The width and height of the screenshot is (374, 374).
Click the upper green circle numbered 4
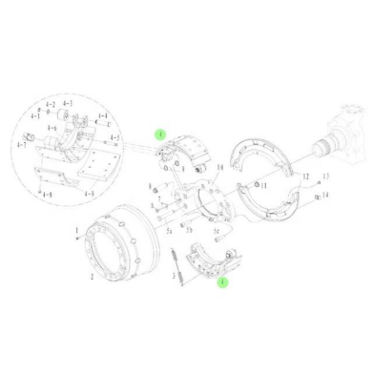coord(162,135)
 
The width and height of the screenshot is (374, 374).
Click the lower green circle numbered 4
coord(222,282)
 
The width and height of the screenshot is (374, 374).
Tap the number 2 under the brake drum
coord(93,276)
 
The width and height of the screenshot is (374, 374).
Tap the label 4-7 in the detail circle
coord(22,145)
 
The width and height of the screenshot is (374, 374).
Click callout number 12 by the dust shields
coord(305,177)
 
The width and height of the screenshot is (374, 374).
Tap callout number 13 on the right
coord(325,177)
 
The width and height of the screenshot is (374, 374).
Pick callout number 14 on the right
coord(325,195)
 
